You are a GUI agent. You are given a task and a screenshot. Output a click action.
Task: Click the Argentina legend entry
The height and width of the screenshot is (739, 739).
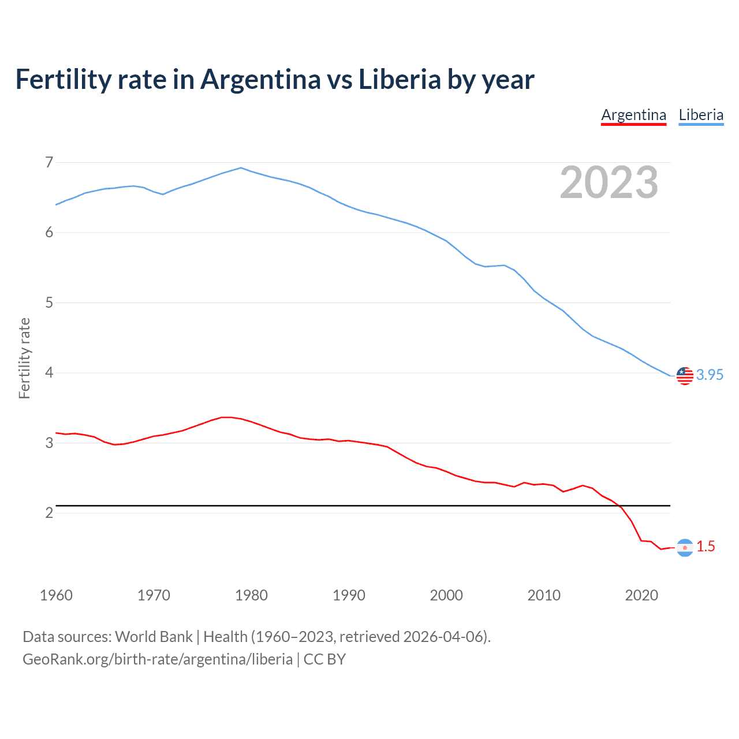pyautogui.click(x=633, y=115)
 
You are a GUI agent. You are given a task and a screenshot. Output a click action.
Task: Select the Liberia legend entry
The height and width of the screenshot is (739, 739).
pyautogui.click(x=701, y=115)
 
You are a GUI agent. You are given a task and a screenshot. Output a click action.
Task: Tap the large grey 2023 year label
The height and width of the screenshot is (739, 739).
pyautogui.click(x=609, y=182)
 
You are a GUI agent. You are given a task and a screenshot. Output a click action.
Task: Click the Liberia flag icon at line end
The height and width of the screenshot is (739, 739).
pyautogui.click(x=685, y=375)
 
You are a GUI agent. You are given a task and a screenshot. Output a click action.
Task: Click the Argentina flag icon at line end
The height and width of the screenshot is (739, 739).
pyautogui.click(x=685, y=547)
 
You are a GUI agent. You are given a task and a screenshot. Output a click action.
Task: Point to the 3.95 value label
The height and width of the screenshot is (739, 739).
pyautogui.click(x=710, y=375)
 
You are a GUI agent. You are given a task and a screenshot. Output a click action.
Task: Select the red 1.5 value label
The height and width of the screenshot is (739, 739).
pyautogui.click(x=706, y=546)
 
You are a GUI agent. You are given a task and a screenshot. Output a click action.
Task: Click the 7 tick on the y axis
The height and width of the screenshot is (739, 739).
pyautogui.click(x=49, y=162)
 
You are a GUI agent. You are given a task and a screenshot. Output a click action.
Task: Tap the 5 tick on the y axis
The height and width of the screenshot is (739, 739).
pyautogui.click(x=49, y=303)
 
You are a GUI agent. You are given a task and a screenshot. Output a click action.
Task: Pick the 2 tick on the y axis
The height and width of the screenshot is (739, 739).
pyautogui.click(x=49, y=513)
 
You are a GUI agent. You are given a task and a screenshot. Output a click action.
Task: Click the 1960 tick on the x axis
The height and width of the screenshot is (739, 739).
pyautogui.click(x=56, y=595)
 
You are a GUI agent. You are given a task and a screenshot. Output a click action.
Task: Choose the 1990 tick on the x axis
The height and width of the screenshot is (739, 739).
pyautogui.click(x=349, y=595)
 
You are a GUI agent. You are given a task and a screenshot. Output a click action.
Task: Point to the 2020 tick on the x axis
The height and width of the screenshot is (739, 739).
pyautogui.click(x=641, y=595)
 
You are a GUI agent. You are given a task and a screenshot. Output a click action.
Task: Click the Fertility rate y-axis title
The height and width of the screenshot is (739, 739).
pyautogui.click(x=24, y=358)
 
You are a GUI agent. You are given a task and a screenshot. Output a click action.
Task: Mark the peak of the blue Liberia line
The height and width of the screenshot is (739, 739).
pyautogui.click(x=241, y=168)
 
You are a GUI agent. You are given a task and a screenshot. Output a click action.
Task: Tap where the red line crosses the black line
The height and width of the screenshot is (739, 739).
pyautogui.click(x=621, y=506)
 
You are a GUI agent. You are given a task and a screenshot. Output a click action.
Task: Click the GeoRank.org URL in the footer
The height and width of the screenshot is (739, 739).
pyautogui.click(x=157, y=659)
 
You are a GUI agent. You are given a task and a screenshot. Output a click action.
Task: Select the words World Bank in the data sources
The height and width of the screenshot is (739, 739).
pyautogui.click(x=154, y=637)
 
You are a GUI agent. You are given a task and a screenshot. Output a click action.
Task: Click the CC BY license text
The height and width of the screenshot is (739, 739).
pyautogui.click(x=324, y=659)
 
